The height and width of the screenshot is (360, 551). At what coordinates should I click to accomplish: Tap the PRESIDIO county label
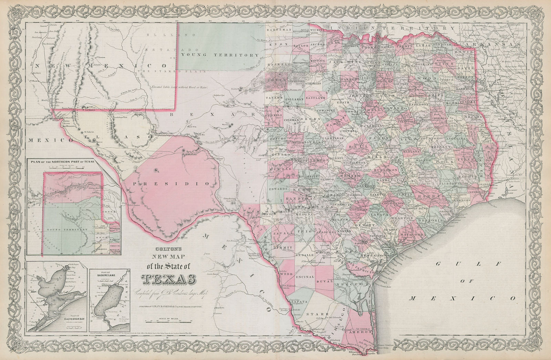171,184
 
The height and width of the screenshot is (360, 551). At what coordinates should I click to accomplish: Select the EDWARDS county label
278,189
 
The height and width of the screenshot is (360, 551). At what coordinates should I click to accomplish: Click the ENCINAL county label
304,277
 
